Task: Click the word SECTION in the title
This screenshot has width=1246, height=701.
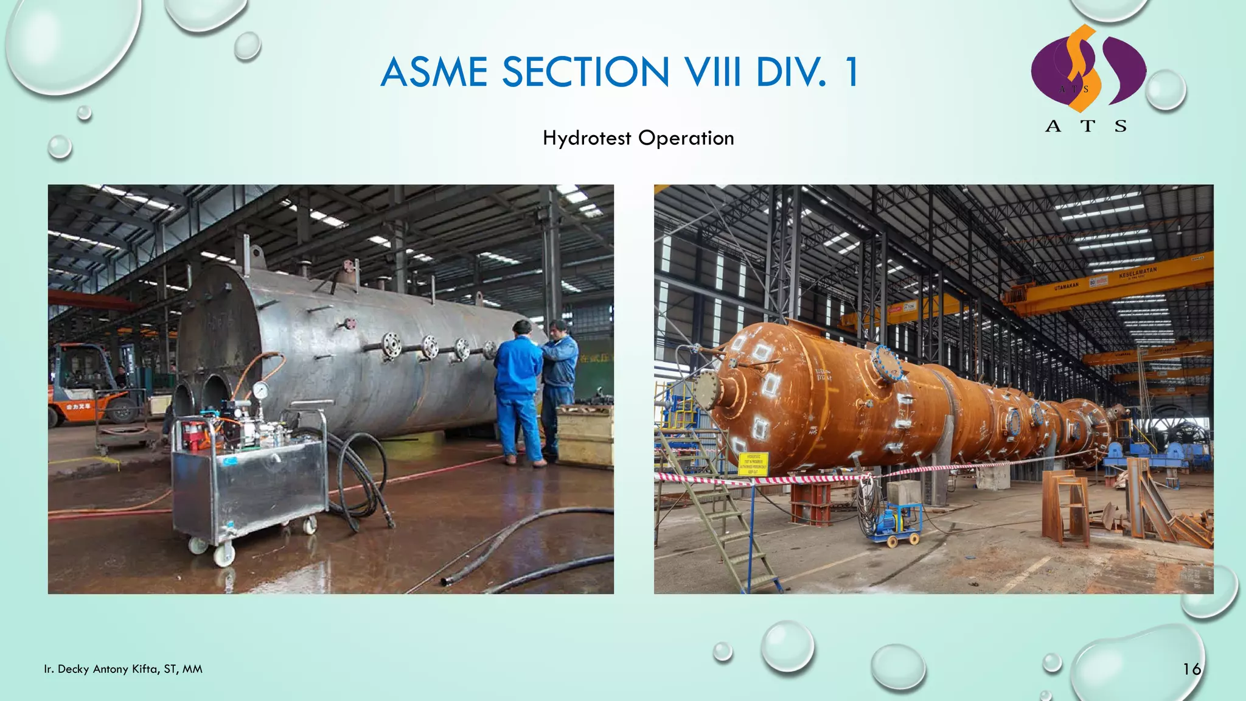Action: pos(585,72)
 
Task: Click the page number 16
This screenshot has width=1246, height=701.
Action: pos(1191,669)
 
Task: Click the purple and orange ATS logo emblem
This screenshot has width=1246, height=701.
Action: pos(1088,69)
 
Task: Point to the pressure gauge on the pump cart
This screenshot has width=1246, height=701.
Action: pos(260,391)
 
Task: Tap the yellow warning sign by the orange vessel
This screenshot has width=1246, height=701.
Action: pos(753,464)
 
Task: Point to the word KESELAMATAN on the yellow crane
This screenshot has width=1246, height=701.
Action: pos(1137,272)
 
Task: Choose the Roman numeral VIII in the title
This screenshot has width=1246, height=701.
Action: pos(712,72)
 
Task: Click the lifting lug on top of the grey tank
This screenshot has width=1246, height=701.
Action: pos(257,254)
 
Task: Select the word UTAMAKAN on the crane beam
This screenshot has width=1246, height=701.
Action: pos(1067,285)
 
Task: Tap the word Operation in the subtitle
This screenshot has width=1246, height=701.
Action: pos(686,138)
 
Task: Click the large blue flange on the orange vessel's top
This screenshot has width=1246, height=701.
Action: pos(886,363)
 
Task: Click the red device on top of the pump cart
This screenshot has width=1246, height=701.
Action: pos(193,433)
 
